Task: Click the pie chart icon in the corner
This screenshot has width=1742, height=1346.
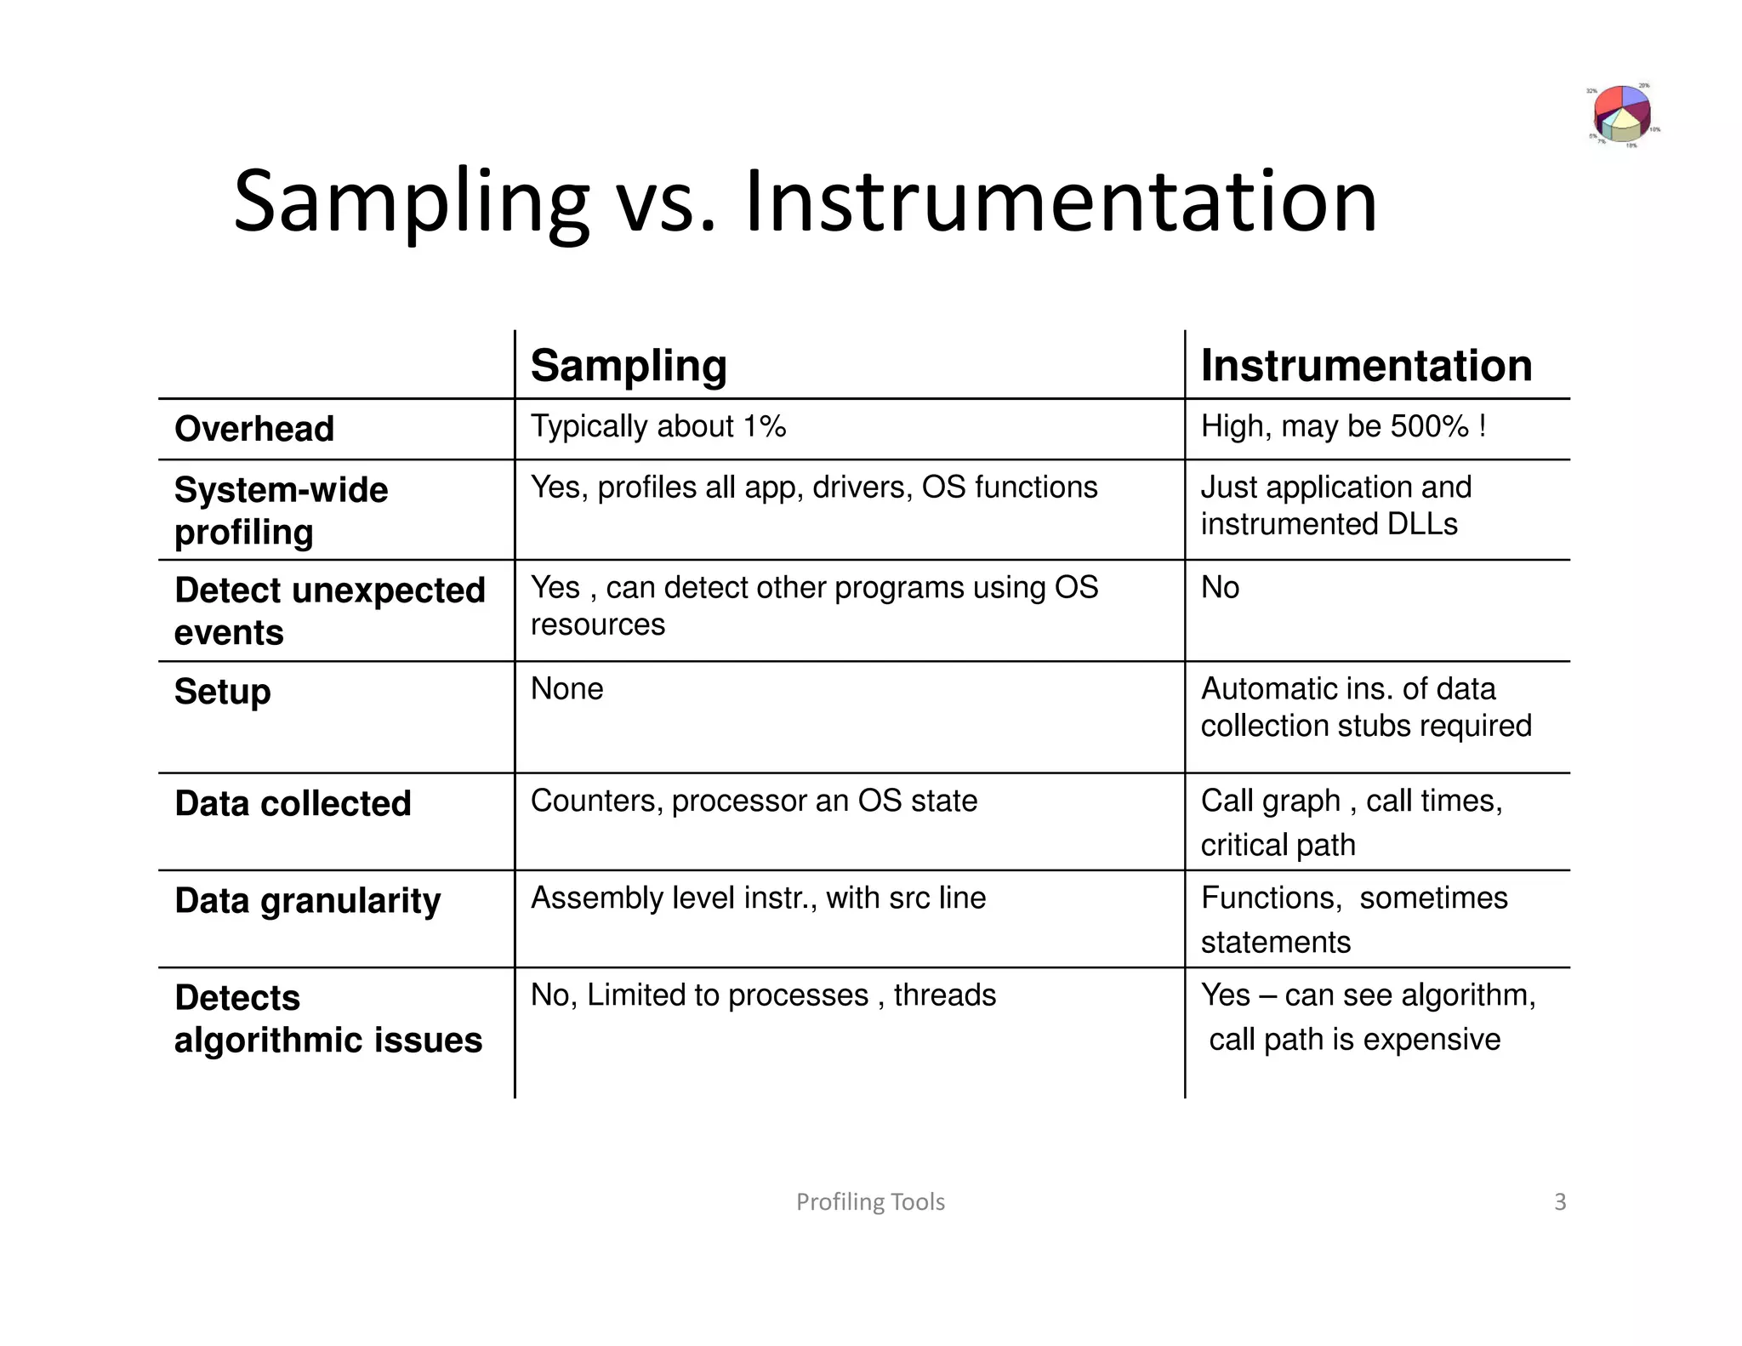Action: click(1623, 114)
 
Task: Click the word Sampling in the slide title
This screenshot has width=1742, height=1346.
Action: click(411, 202)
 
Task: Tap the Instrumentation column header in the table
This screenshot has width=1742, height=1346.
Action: click(1366, 366)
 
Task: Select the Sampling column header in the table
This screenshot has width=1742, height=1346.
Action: click(629, 366)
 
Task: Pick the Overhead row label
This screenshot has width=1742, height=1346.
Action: click(254, 429)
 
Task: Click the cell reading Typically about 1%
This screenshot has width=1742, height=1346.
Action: click(658, 426)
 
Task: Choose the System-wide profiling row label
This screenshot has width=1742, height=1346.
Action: click(281, 510)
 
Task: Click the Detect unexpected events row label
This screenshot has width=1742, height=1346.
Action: click(329, 611)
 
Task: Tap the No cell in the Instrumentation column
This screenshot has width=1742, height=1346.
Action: click(1220, 588)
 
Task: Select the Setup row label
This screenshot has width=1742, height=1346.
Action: click(222, 692)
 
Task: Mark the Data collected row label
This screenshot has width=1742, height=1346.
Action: click(293, 804)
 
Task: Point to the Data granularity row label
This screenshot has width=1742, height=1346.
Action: click(307, 901)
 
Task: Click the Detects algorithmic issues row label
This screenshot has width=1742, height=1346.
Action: click(327, 1018)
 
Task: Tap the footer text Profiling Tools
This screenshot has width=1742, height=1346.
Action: click(870, 1201)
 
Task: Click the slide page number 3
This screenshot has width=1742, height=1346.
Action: click(1560, 1201)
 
